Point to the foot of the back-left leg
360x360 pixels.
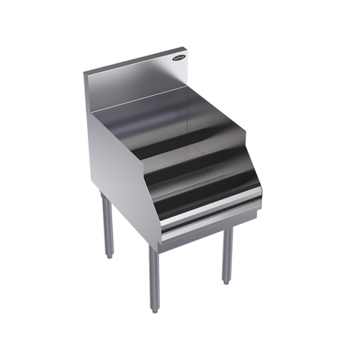coord(109,255)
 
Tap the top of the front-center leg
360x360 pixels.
coord(154,248)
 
